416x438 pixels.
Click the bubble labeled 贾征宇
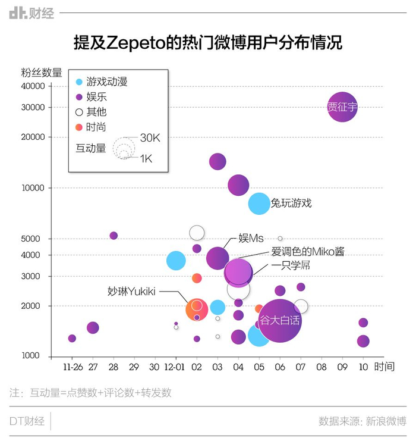342,108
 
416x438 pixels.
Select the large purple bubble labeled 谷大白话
280,320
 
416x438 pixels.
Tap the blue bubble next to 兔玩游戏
259,204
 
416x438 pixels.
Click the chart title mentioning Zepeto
207,43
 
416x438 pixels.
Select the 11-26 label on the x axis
72,367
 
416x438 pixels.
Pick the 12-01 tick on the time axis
175,367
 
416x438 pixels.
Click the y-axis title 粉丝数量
41,73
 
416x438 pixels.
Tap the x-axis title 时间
385,367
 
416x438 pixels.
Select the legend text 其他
96,111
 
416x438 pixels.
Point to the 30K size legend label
150,138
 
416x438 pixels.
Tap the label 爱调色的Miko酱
307,252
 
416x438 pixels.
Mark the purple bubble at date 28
114,236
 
